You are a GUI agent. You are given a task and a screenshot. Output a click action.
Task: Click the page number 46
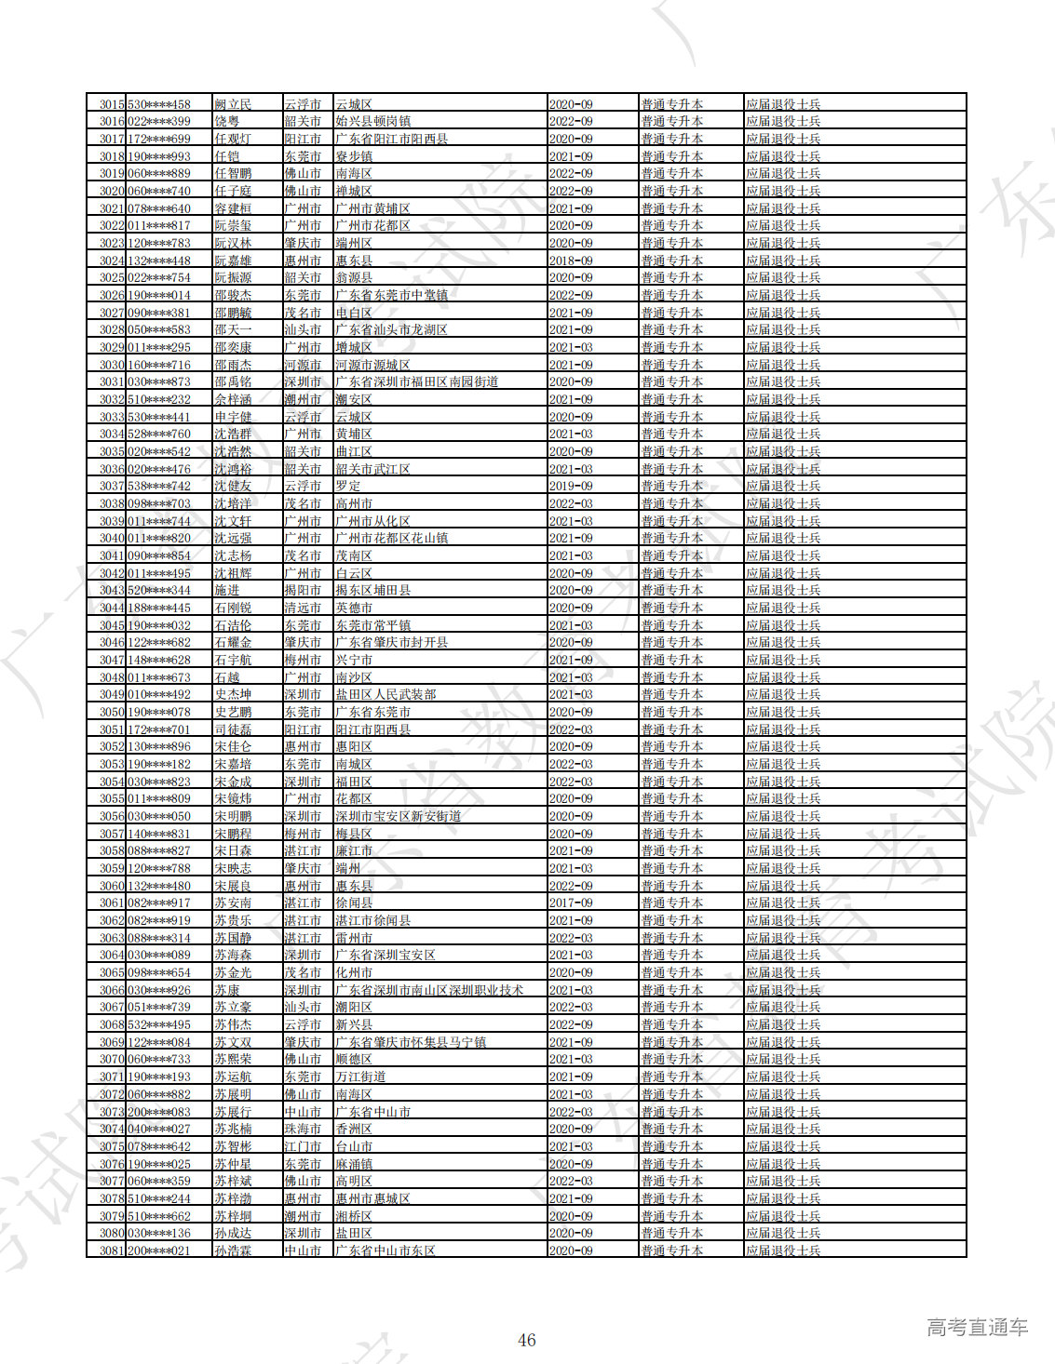(x=526, y=1340)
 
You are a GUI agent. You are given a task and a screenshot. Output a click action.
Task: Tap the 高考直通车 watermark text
(x=977, y=1328)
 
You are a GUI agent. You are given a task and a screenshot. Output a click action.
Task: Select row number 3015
(x=112, y=104)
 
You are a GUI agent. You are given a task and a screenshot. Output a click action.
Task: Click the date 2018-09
(x=571, y=261)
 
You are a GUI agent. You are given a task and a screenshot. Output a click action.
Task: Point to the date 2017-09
(x=571, y=903)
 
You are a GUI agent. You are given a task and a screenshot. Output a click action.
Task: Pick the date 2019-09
(x=571, y=486)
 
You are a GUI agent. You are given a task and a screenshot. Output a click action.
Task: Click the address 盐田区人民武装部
(x=385, y=694)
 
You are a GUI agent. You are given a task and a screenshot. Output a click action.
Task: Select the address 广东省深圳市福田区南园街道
(x=416, y=381)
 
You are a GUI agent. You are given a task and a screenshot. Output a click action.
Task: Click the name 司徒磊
(x=233, y=729)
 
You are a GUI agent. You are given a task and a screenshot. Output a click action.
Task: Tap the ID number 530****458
(x=159, y=104)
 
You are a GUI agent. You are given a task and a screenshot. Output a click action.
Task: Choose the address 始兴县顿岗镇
(x=372, y=121)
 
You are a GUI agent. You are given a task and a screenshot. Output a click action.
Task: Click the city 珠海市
(x=303, y=1129)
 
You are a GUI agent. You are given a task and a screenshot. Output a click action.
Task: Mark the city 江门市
(x=303, y=1146)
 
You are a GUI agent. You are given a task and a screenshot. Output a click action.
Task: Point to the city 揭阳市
(x=303, y=590)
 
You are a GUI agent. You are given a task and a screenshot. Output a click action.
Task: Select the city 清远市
(x=303, y=608)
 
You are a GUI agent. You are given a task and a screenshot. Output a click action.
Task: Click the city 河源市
(x=303, y=365)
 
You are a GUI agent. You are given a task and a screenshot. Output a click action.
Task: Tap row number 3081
(x=112, y=1250)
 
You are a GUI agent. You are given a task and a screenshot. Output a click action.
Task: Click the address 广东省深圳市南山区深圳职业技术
(x=429, y=990)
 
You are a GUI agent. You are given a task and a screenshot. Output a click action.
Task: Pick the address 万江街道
(x=360, y=1076)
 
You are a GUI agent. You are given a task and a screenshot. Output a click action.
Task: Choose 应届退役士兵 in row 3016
(x=783, y=121)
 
